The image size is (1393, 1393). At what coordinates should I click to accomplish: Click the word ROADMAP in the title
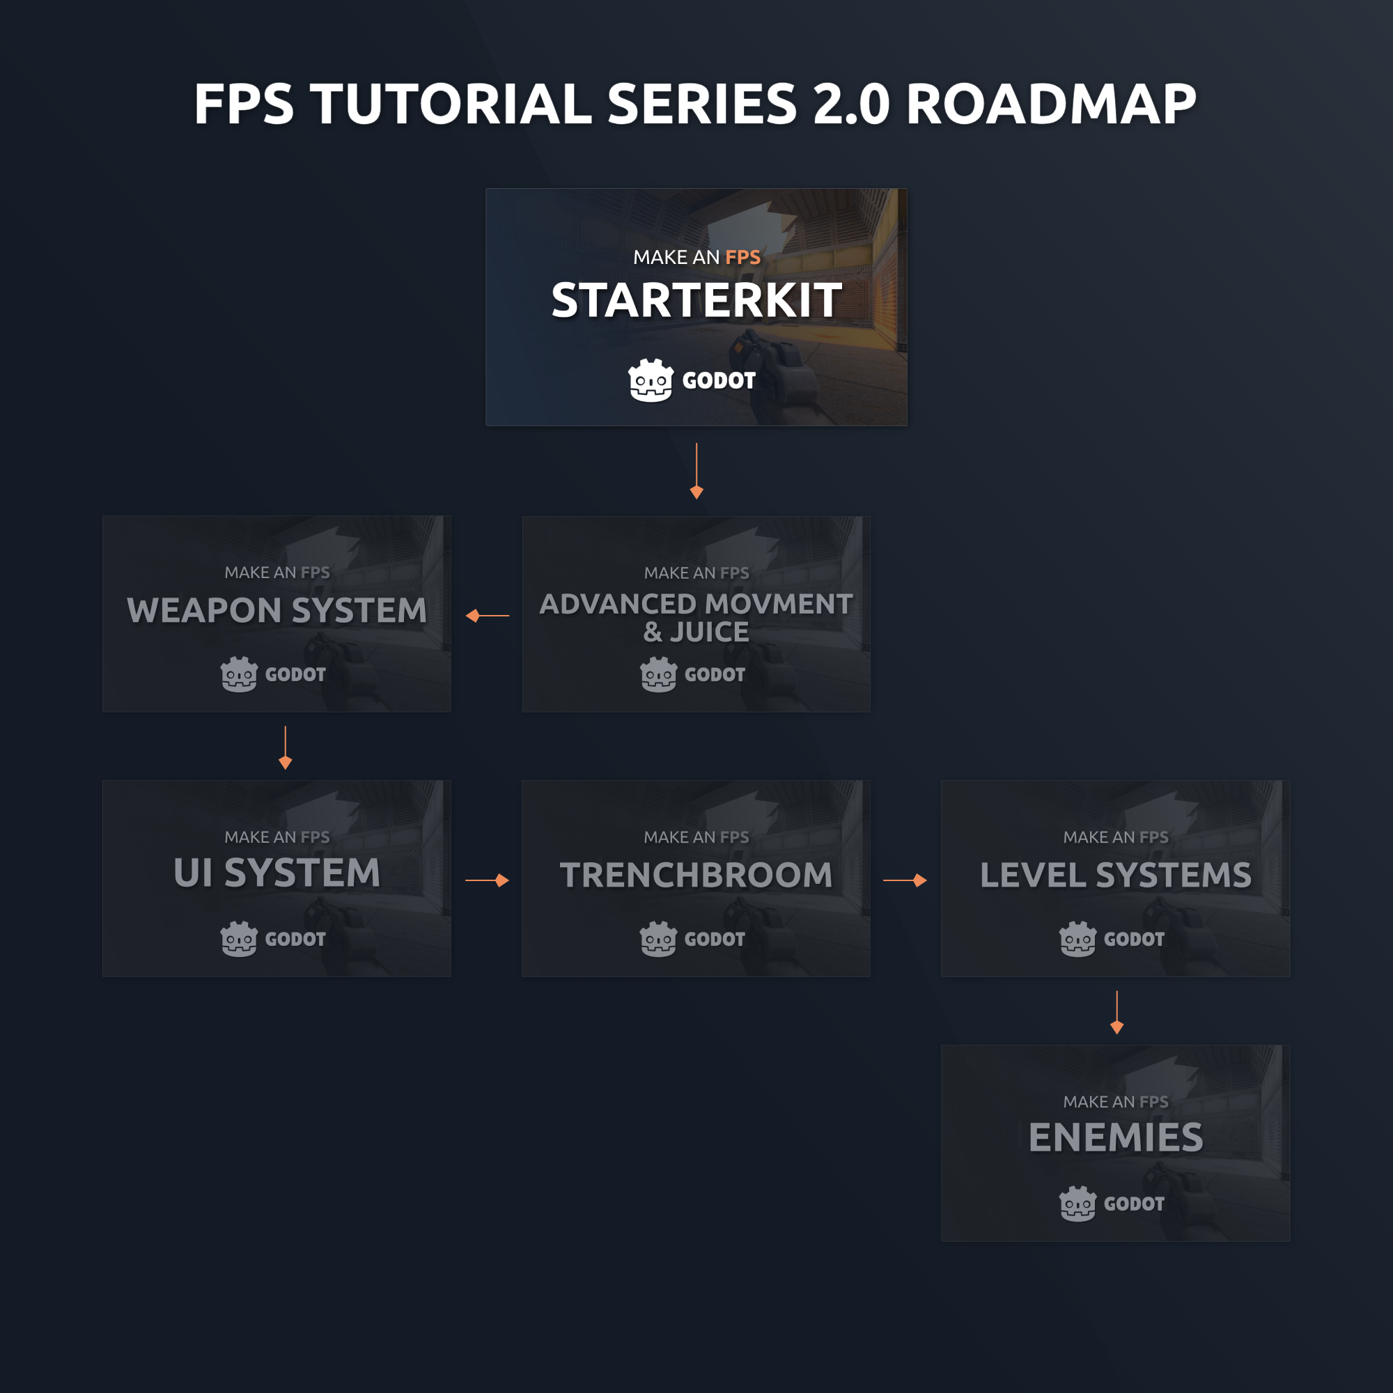coord(1050,104)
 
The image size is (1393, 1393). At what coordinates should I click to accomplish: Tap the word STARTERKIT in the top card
coord(696,300)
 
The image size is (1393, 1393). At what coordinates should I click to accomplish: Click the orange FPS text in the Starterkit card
coord(742,258)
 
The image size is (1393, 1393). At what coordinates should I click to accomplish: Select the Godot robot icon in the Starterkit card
coord(651,380)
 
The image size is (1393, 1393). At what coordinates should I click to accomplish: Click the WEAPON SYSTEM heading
coord(277,611)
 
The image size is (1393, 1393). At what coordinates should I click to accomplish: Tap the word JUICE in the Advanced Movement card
coord(710,632)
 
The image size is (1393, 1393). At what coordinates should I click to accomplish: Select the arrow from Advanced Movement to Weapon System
coord(488,616)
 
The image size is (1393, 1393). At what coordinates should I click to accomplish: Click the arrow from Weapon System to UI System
coord(286,747)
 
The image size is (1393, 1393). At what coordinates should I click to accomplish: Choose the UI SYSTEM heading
coord(277,873)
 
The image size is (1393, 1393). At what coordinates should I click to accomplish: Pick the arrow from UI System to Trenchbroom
coord(488,880)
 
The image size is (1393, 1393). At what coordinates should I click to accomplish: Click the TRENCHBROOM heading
coord(696,876)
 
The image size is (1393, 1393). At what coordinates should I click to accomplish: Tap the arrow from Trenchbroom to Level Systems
coord(905,880)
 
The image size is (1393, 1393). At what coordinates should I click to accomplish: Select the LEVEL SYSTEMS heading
coord(1115,876)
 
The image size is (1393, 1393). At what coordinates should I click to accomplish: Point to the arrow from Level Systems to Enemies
coord(1117,1012)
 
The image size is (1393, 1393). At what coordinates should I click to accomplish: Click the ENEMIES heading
coord(1115,1138)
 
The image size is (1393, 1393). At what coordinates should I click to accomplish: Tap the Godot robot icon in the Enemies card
coord(1077,1204)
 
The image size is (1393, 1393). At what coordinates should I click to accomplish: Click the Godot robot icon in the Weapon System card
coord(239,674)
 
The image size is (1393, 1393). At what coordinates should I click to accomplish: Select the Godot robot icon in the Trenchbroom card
coord(657,939)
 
